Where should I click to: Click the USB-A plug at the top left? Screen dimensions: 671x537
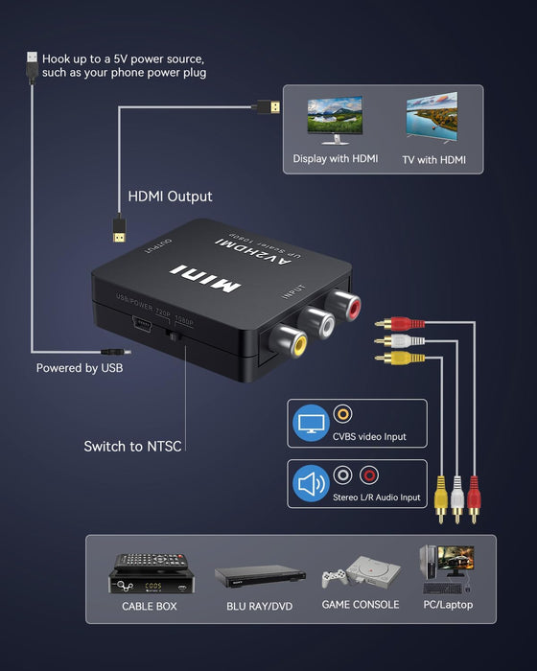click(32, 67)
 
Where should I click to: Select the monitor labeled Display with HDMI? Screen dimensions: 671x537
click(335, 120)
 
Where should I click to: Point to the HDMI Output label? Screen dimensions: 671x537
click(171, 197)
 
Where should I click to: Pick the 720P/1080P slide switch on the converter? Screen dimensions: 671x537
click(175, 336)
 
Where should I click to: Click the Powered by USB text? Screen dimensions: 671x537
click(80, 368)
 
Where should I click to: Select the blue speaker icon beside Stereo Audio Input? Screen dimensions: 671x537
click(310, 484)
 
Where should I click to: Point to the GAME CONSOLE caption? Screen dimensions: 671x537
click(362, 605)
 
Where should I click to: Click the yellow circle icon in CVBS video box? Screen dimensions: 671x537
click(342, 414)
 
